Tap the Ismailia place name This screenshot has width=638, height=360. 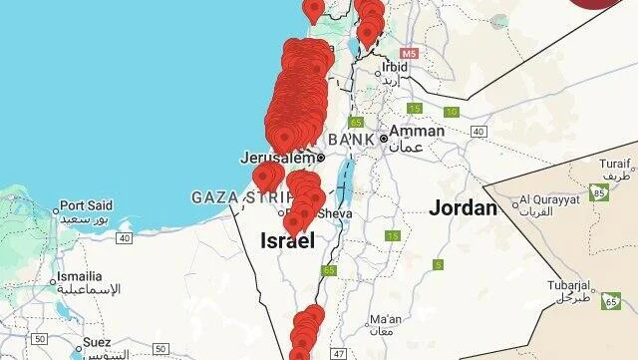79,276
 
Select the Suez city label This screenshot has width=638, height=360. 97,342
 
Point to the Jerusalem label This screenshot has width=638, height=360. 277,157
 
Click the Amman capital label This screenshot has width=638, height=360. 418,131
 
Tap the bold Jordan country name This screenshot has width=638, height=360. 463,208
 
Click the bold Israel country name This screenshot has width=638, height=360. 287,241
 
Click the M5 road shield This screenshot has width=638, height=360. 410,52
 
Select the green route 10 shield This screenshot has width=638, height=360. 452,112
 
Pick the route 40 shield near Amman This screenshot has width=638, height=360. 478,132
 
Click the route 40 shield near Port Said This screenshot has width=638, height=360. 124,237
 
